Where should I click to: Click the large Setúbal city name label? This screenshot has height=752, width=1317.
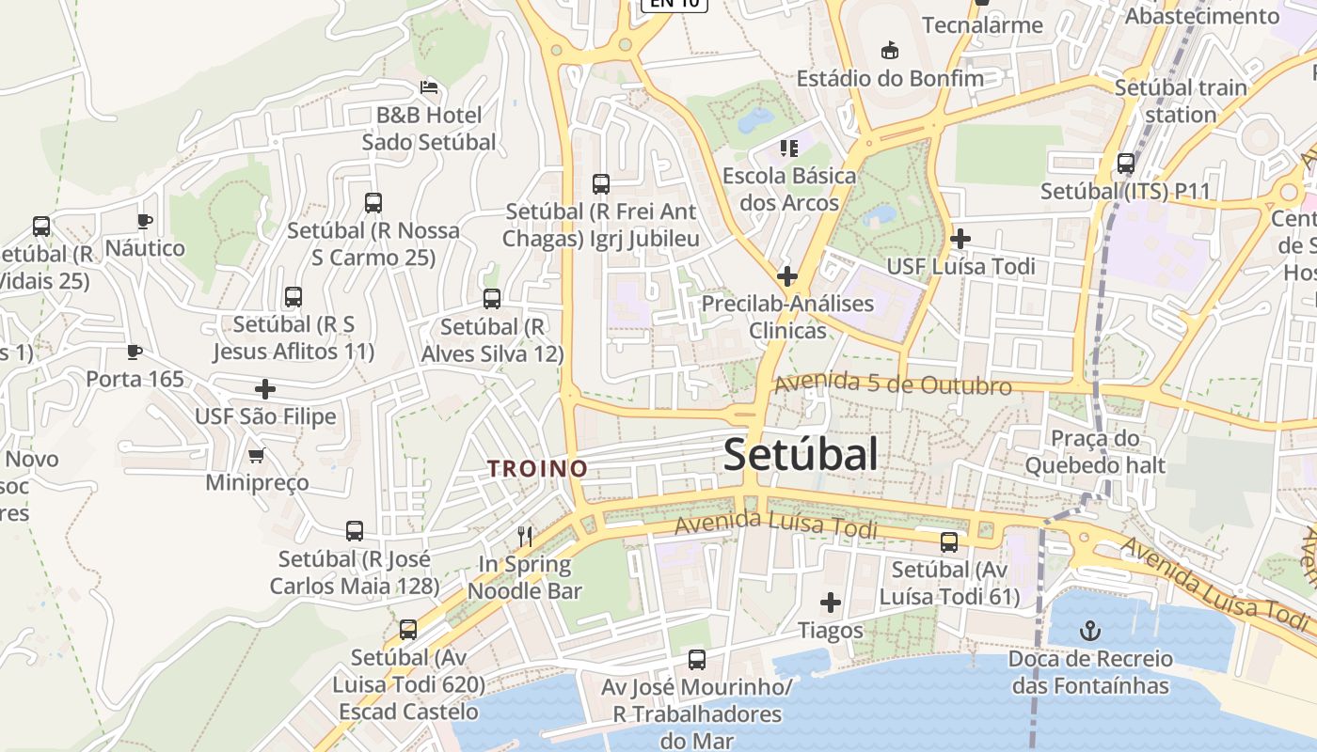point(801,455)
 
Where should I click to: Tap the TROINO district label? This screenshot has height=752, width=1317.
point(537,468)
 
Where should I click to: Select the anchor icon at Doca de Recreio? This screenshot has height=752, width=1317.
point(1090,630)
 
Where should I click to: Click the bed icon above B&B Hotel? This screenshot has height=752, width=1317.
point(429,87)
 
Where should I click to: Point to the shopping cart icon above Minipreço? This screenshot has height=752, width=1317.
point(256,456)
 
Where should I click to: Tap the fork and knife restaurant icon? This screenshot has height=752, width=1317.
point(525,537)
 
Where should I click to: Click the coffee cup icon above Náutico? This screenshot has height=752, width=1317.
point(144,221)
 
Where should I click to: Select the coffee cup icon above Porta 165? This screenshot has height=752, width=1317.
point(135,352)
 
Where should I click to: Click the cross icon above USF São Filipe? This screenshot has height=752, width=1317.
point(265,388)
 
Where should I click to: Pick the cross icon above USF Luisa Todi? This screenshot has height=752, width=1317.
point(960,239)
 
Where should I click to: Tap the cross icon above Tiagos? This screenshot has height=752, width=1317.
point(831,602)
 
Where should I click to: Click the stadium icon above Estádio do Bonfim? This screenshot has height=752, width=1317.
point(889,50)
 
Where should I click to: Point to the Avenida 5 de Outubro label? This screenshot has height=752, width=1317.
point(892,384)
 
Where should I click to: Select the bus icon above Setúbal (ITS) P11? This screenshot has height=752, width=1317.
point(1126,164)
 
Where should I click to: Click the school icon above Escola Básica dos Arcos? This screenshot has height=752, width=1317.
point(788,148)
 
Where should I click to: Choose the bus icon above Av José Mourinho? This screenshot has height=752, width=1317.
point(696,659)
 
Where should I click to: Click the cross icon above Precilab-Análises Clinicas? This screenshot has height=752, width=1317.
point(787,276)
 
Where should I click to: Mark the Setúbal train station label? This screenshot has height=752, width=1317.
point(1181,101)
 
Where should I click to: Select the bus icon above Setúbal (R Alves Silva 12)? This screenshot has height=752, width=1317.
point(492,299)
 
